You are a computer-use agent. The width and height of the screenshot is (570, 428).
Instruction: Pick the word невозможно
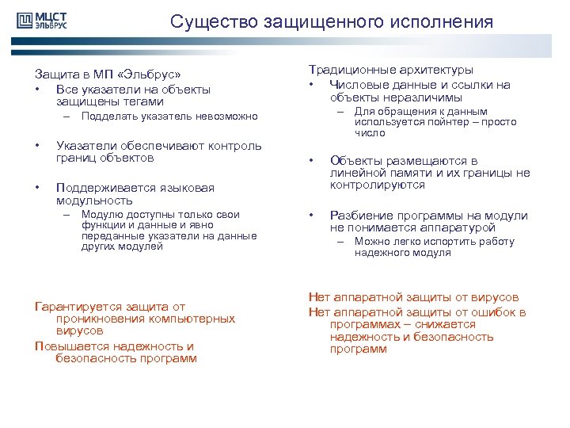click(x=229, y=117)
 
